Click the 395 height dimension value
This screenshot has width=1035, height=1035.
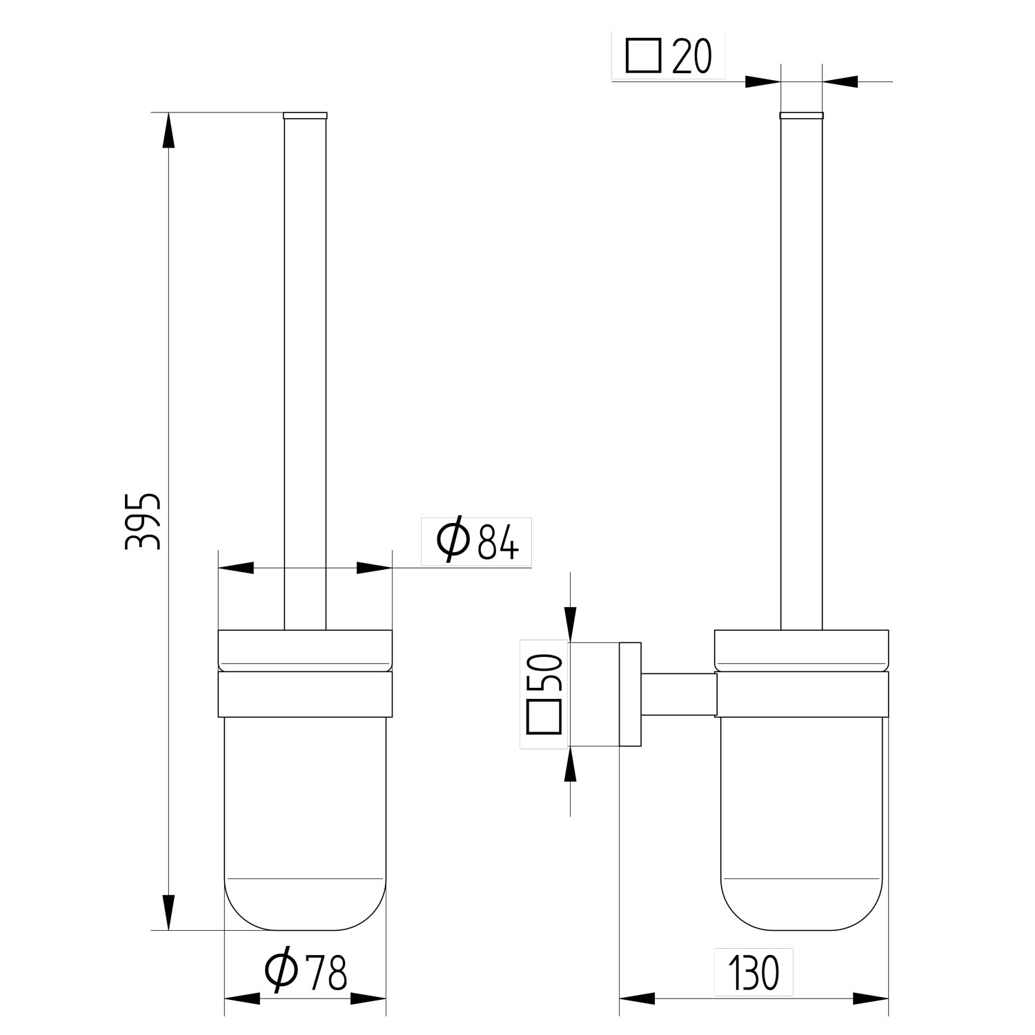143,521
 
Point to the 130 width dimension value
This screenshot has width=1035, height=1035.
753,973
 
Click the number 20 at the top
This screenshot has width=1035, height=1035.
691,57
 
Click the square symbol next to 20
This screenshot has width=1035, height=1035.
644,56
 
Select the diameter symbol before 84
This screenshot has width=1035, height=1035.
453,541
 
